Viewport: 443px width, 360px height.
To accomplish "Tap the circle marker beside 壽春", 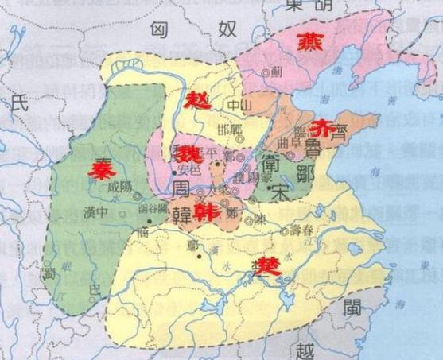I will pos(284,232).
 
